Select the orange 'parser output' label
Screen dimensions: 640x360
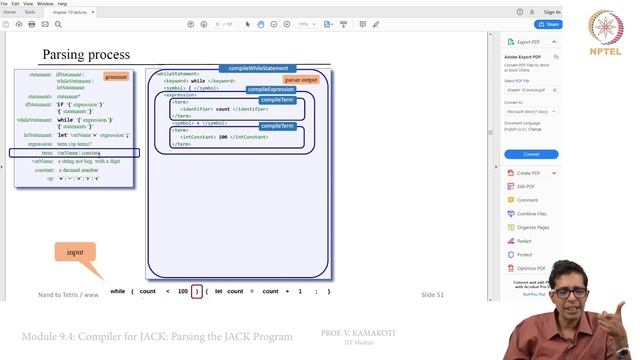coord(301,79)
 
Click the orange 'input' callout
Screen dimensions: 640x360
coord(75,253)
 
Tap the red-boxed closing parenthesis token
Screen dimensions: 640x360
coord(197,291)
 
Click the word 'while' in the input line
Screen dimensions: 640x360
coord(118,291)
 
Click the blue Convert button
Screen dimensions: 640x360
coord(531,154)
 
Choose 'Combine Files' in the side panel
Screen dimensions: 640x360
coord(531,213)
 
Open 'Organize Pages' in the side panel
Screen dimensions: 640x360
coord(533,227)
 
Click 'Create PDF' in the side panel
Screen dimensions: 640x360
coord(528,173)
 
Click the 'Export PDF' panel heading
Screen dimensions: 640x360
coord(529,42)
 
